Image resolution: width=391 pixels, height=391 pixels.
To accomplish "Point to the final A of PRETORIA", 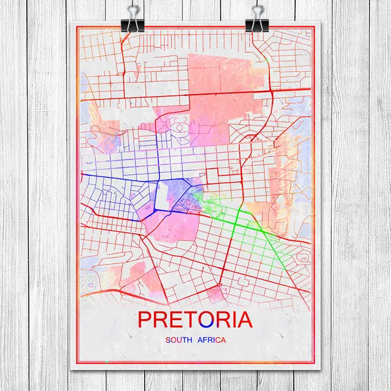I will click(243, 320).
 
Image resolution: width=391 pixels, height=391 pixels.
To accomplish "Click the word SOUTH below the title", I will click(180, 339).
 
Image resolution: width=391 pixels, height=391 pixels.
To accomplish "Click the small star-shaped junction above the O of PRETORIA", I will click(218, 285).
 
